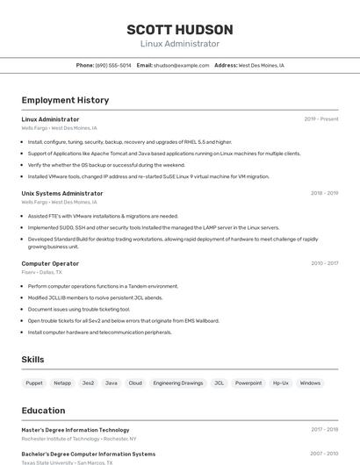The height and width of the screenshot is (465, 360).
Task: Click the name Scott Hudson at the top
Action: pos(179,30)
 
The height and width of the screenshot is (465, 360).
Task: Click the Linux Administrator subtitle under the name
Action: pos(179,44)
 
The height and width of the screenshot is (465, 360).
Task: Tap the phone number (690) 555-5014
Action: pos(113,65)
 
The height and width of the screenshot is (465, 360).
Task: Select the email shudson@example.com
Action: pos(182,65)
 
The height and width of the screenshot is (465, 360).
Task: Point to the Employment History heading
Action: pos(65,100)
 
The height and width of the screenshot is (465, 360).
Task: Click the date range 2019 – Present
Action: pos(320,119)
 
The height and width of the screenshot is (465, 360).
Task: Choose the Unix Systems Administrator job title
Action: pos(62,193)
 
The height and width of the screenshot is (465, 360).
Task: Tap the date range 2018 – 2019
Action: pos(324,193)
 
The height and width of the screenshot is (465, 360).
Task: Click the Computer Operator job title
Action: pos(50,263)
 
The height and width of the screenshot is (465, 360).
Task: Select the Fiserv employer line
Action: pos(41,272)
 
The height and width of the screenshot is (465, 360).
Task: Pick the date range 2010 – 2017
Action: pos(324,263)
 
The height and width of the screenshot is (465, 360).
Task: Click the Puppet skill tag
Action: pos(34,383)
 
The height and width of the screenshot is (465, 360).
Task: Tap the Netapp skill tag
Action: pos(61,383)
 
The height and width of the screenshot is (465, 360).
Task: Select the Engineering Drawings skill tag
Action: pos(177,383)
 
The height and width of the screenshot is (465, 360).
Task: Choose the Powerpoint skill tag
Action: pos(248,383)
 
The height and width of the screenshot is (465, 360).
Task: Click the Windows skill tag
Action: pos(310,383)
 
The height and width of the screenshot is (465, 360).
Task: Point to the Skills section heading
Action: pos(32,360)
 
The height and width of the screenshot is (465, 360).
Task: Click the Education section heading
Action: pos(43,410)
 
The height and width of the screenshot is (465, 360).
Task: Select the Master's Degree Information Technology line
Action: pos(76,430)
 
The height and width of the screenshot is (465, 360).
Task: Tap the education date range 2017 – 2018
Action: pos(324,430)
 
